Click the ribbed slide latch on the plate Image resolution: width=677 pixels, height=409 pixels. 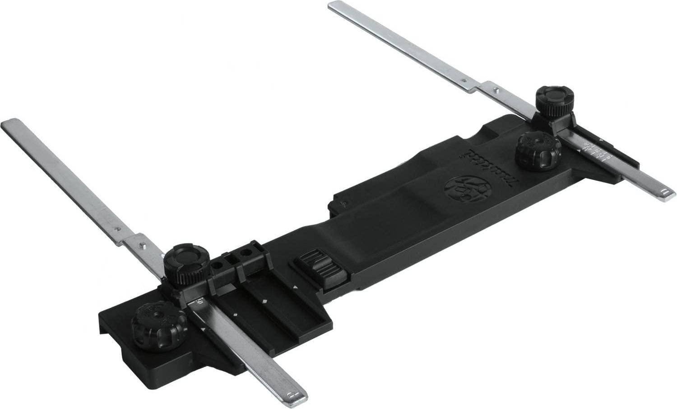pos(319,271)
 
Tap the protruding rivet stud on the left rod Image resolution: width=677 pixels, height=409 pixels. pos(144,245)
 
